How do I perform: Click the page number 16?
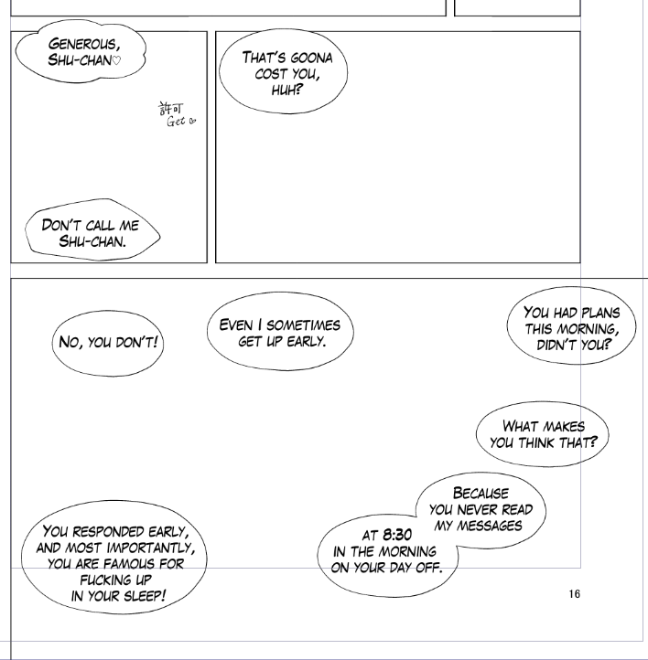pyautogui.click(x=574, y=594)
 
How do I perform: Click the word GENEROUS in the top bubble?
pyautogui.click(x=84, y=44)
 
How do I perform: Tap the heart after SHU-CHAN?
pyautogui.click(x=117, y=60)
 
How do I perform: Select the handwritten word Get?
pyautogui.click(x=176, y=122)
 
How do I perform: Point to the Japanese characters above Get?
pyautogui.click(x=170, y=108)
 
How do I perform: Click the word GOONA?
pyautogui.click(x=311, y=58)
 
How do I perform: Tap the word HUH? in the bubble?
pyautogui.click(x=286, y=90)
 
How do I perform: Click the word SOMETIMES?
pyautogui.click(x=303, y=325)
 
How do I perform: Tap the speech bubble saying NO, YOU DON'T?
pyautogui.click(x=108, y=343)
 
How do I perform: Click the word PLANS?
pyautogui.click(x=600, y=313)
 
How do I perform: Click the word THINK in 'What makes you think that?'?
pyautogui.click(x=536, y=442)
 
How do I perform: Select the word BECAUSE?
pyautogui.click(x=481, y=493)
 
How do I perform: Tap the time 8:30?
pyautogui.click(x=397, y=535)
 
